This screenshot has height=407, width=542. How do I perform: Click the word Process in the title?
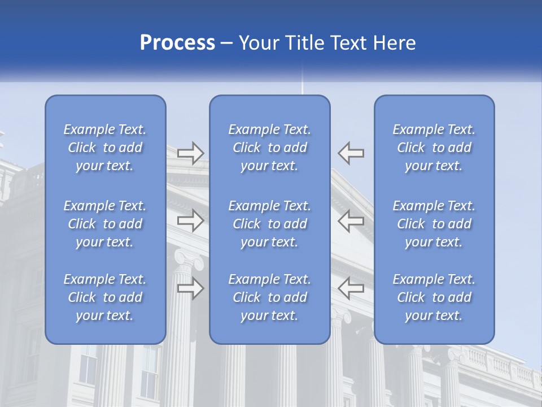(x=177, y=43)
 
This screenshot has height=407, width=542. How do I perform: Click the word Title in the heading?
(x=306, y=43)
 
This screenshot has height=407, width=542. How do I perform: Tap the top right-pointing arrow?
(x=191, y=153)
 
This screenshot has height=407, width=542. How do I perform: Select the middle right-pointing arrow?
(x=191, y=220)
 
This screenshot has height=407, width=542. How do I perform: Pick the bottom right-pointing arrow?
(x=191, y=288)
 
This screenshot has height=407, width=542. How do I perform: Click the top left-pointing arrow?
(x=351, y=153)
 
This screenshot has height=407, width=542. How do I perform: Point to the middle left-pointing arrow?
(x=351, y=220)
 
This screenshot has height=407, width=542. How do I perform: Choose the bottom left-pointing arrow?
(x=351, y=288)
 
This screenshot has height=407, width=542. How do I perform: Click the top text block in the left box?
(x=105, y=148)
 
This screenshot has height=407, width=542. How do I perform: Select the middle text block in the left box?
(x=105, y=224)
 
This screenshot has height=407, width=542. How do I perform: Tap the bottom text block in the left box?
(x=105, y=297)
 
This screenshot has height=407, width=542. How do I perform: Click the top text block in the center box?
(x=270, y=148)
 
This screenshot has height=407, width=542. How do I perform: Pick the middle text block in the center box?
(x=270, y=224)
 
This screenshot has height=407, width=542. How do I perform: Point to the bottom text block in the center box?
(x=270, y=297)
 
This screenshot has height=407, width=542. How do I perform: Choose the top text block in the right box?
(x=434, y=148)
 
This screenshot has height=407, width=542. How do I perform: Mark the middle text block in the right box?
(x=434, y=224)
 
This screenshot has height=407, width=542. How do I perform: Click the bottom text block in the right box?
(x=434, y=297)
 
